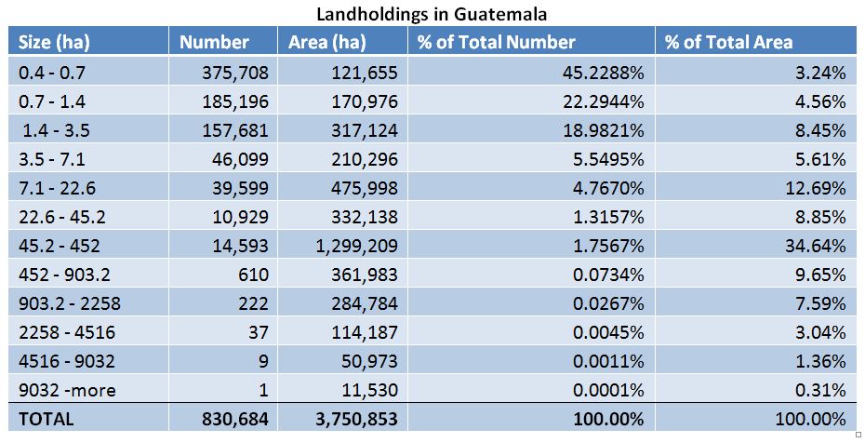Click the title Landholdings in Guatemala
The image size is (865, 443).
click(x=432, y=14)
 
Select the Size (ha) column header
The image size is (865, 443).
click(x=55, y=42)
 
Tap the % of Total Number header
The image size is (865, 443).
click(x=497, y=42)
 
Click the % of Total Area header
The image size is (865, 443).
click(x=728, y=42)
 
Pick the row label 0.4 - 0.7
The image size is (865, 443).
click(x=53, y=72)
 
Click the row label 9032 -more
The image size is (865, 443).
click(x=67, y=390)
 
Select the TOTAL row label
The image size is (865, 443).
click(x=46, y=420)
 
